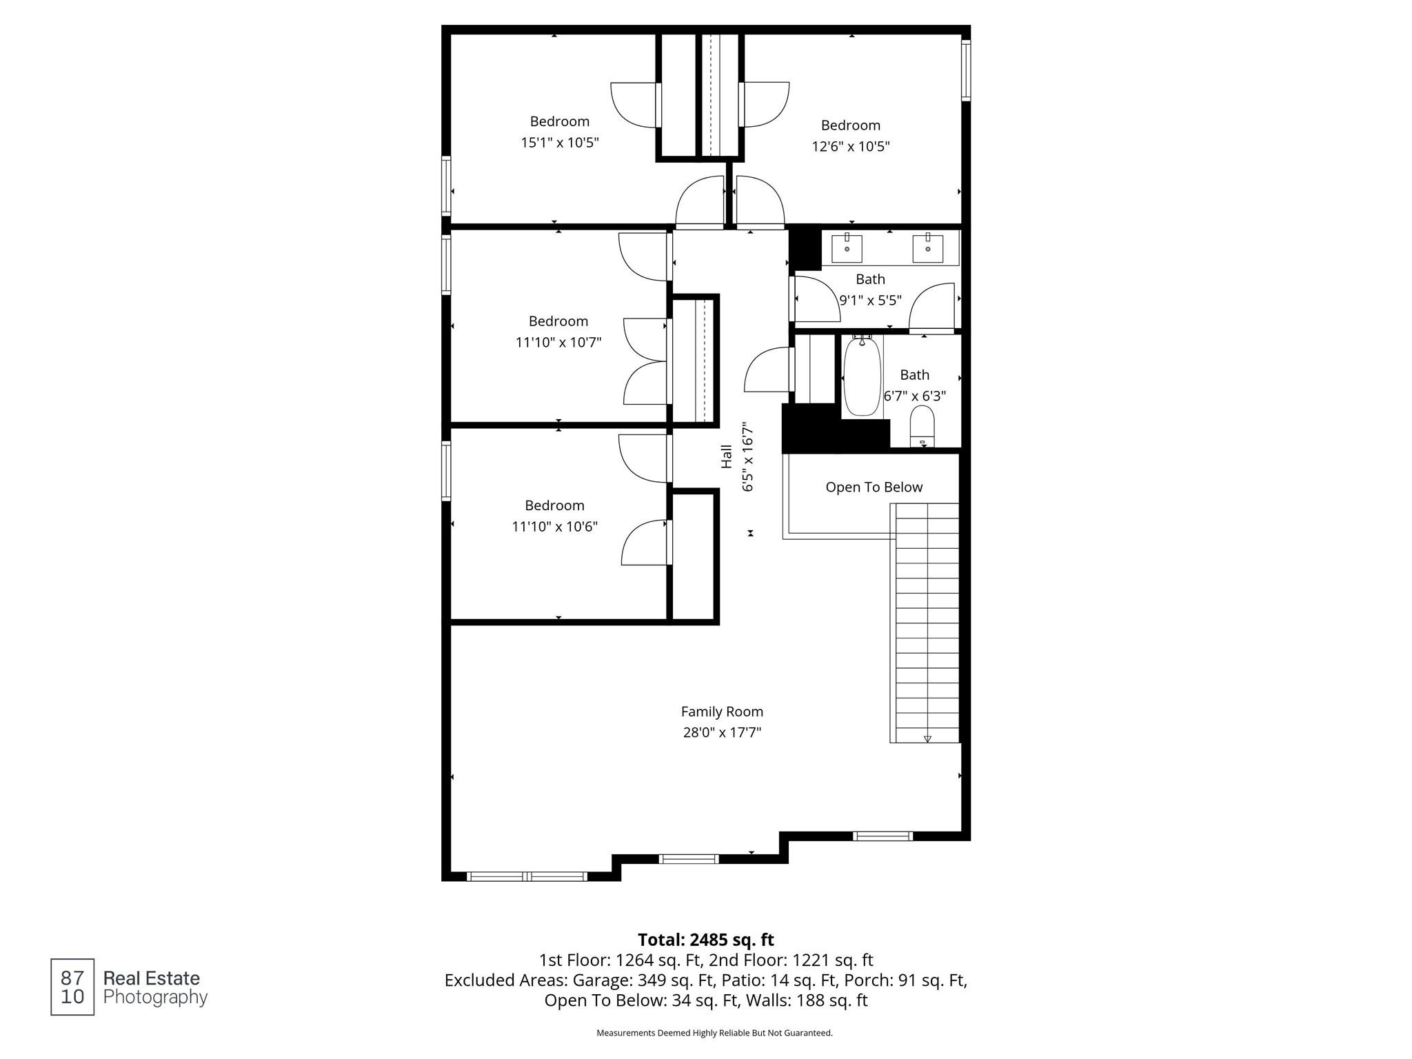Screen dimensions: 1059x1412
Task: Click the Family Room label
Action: click(x=722, y=712)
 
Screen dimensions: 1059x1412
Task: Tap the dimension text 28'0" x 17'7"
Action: click(x=722, y=732)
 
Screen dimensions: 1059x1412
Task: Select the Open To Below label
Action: click(x=874, y=487)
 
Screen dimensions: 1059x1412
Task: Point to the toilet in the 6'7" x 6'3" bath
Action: click(x=922, y=425)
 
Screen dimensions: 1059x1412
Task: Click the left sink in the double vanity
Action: click(x=847, y=248)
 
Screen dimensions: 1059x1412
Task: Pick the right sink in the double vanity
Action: click(x=928, y=248)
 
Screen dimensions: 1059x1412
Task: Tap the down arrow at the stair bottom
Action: click(x=927, y=738)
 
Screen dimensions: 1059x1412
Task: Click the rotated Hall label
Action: click(x=727, y=456)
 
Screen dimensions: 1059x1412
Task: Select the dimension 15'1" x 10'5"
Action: click(x=559, y=143)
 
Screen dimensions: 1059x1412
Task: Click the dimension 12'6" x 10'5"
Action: click(x=850, y=147)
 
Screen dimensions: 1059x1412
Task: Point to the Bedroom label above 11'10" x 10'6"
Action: click(x=554, y=505)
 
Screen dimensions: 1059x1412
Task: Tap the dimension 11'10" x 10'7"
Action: click(x=558, y=342)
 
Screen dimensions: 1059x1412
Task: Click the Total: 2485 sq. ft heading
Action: click(x=705, y=940)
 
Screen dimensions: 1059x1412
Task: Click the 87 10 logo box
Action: click(x=72, y=987)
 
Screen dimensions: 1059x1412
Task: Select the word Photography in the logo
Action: click(x=155, y=998)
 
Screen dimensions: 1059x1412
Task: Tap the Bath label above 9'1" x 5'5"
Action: click(x=870, y=279)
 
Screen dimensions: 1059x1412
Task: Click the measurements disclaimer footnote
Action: click(x=714, y=1033)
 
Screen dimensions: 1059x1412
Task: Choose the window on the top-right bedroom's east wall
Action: click(x=966, y=70)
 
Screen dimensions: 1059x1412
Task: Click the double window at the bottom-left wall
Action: click(x=527, y=876)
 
